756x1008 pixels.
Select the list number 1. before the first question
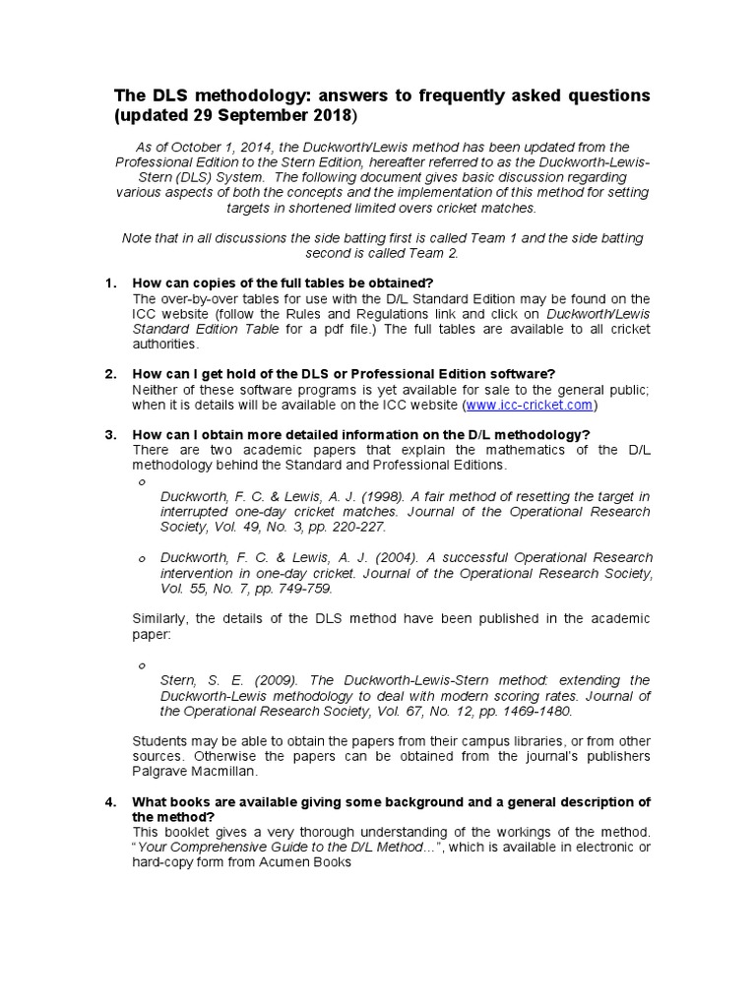pyautogui.click(x=111, y=283)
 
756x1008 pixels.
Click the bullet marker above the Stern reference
pyautogui.click(x=142, y=665)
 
